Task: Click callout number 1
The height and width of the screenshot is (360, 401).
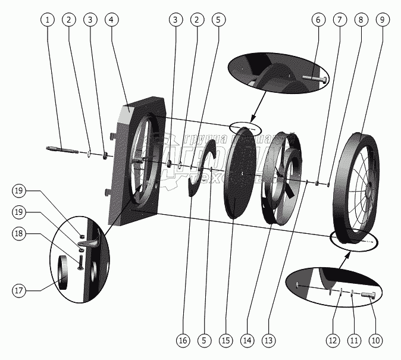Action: coord(48,20)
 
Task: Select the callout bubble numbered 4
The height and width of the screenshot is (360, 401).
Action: coord(110,20)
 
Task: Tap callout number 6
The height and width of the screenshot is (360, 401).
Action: coord(318,20)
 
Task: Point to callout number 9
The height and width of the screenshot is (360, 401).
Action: coord(381,20)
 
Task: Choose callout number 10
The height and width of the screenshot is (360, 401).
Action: coord(375,340)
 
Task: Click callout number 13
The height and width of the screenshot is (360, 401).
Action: coord(270,340)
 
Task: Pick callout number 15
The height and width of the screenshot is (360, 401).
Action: coord(225,340)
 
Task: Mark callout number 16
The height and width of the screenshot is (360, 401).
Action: coord(183,340)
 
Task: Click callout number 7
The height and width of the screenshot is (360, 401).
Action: coord(339,20)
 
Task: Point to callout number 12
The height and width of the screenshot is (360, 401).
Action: coord(332,340)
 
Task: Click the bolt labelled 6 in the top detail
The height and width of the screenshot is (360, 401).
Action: coord(315,78)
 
